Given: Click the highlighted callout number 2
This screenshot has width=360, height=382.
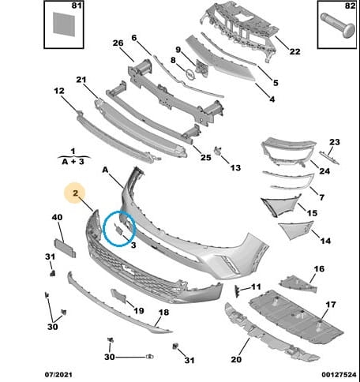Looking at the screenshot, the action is (x=76, y=193).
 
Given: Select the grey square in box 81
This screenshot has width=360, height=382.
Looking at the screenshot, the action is (x=64, y=24).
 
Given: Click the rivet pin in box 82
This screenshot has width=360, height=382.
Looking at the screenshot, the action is (x=338, y=25).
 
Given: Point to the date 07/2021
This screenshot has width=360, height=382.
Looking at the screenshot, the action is (x=58, y=375).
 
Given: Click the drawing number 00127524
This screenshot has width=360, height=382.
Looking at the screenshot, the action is (x=339, y=375).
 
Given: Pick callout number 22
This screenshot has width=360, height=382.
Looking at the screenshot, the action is (x=294, y=51).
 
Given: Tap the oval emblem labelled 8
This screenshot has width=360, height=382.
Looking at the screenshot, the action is (x=190, y=75).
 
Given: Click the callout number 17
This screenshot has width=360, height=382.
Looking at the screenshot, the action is (x=331, y=305).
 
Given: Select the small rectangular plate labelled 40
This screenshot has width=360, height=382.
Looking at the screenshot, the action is (x=65, y=248).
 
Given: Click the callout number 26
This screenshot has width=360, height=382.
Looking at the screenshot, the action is (x=118, y=43).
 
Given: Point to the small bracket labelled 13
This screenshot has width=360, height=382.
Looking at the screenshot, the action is (x=217, y=151).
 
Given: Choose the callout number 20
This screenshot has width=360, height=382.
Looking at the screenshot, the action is (x=236, y=359).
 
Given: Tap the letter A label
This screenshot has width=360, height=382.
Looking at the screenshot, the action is (x=105, y=170).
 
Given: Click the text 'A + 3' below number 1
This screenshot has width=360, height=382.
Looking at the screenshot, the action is (x=73, y=162).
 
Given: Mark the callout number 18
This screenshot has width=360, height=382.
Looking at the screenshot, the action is (x=163, y=313).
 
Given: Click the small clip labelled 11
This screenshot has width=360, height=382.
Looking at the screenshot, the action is (x=237, y=291).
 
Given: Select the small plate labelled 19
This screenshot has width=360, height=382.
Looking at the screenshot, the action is (x=118, y=296).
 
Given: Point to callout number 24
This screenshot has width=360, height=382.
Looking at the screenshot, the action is (x=324, y=171).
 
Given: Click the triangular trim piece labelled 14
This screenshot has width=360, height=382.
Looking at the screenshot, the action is (x=294, y=230).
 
